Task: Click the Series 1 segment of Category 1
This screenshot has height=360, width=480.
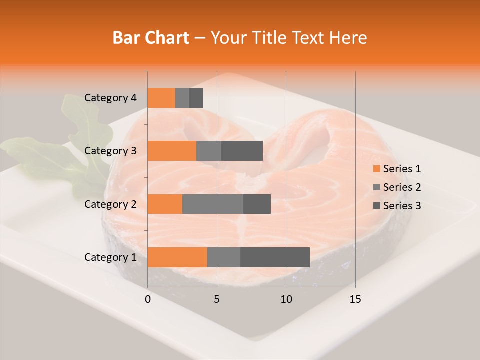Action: point(177,257)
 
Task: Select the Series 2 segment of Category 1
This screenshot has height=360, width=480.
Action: point(224,257)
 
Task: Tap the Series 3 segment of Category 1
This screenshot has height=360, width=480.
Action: point(275,257)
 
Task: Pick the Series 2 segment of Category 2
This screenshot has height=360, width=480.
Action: point(213,204)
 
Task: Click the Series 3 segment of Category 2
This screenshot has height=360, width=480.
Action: point(257,204)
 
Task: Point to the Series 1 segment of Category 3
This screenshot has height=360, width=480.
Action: point(172,151)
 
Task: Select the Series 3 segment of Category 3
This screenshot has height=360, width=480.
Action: point(242,151)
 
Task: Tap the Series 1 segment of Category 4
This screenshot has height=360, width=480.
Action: point(161,98)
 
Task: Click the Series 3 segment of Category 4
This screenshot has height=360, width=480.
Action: point(196,98)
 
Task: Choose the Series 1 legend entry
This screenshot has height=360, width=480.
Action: point(397,169)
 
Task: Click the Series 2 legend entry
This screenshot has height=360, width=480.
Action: point(397,187)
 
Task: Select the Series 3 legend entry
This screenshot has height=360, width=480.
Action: point(397,206)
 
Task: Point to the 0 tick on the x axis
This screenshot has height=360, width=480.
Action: point(148,299)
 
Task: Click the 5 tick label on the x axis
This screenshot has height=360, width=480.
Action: point(217,299)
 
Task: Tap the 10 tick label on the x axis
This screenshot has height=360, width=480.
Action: point(286,299)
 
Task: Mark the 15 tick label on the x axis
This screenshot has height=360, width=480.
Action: point(355,299)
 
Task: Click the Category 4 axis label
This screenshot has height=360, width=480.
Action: point(110,98)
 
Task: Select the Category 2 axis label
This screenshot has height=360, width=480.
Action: point(110,204)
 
